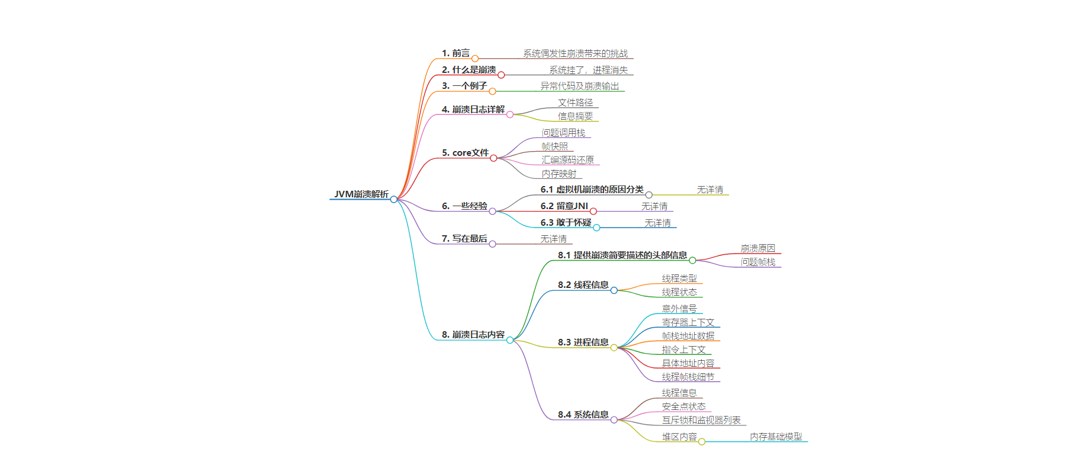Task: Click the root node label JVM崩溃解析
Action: tap(361, 194)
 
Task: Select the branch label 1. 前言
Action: tap(455, 53)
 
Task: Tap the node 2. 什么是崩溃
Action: tap(468, 70)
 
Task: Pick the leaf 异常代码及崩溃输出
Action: tap(579, 87)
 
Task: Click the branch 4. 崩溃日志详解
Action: tap(473, 110)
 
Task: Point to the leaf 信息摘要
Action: tap(575, 117)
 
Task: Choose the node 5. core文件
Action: tap(465, 153)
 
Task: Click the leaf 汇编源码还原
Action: tap(567, 160)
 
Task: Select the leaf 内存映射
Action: tap(558, 174)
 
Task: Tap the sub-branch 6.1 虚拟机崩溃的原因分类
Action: tap(592, 190)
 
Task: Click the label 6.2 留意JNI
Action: tap(564, 206)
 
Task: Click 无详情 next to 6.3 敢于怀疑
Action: tap(657, 223)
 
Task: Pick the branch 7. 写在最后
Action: tap(464, 239)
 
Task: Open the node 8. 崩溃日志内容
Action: tap(473, 335)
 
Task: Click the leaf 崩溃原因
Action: tap(757, 248)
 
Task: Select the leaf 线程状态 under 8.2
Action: tap(679, 292)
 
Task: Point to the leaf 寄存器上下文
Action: tap(688, 322)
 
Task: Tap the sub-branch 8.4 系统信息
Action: tap(583, 415)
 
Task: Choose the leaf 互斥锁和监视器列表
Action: tap(701, 420)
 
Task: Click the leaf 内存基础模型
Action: tap(776, 437)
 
